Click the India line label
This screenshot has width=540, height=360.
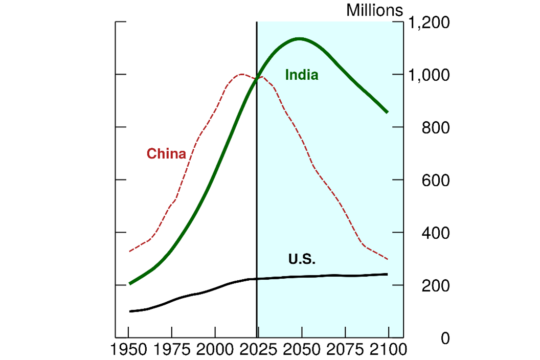[x=302, y=75]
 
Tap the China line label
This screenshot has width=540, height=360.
[x=166, y=153]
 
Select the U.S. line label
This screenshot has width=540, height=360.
[x=302, y=259]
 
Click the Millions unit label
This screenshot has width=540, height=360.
[x=375, y=10]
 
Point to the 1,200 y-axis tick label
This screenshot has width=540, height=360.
[x=428, y=23]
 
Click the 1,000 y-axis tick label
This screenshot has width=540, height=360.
[x=428, y=75]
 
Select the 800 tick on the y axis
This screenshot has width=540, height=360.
[x=435, y=128]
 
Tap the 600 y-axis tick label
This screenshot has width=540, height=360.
[x=435, y=181]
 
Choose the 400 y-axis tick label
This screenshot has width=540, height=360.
[x=435, y=233]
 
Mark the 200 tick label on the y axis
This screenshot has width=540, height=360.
[x=435, y=286]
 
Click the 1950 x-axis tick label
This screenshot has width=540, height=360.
[x=129, y=350]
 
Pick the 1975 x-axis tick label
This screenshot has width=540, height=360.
[x=172, y=350]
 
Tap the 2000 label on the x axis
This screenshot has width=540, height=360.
[x=215, y=350]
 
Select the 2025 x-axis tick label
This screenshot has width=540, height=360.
[x=258, y=350]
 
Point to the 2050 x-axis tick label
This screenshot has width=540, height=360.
[x=302, y=350]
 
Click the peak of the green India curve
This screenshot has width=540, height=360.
[x=299, y=38]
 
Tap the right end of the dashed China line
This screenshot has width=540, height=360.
[x=388, y=259]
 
